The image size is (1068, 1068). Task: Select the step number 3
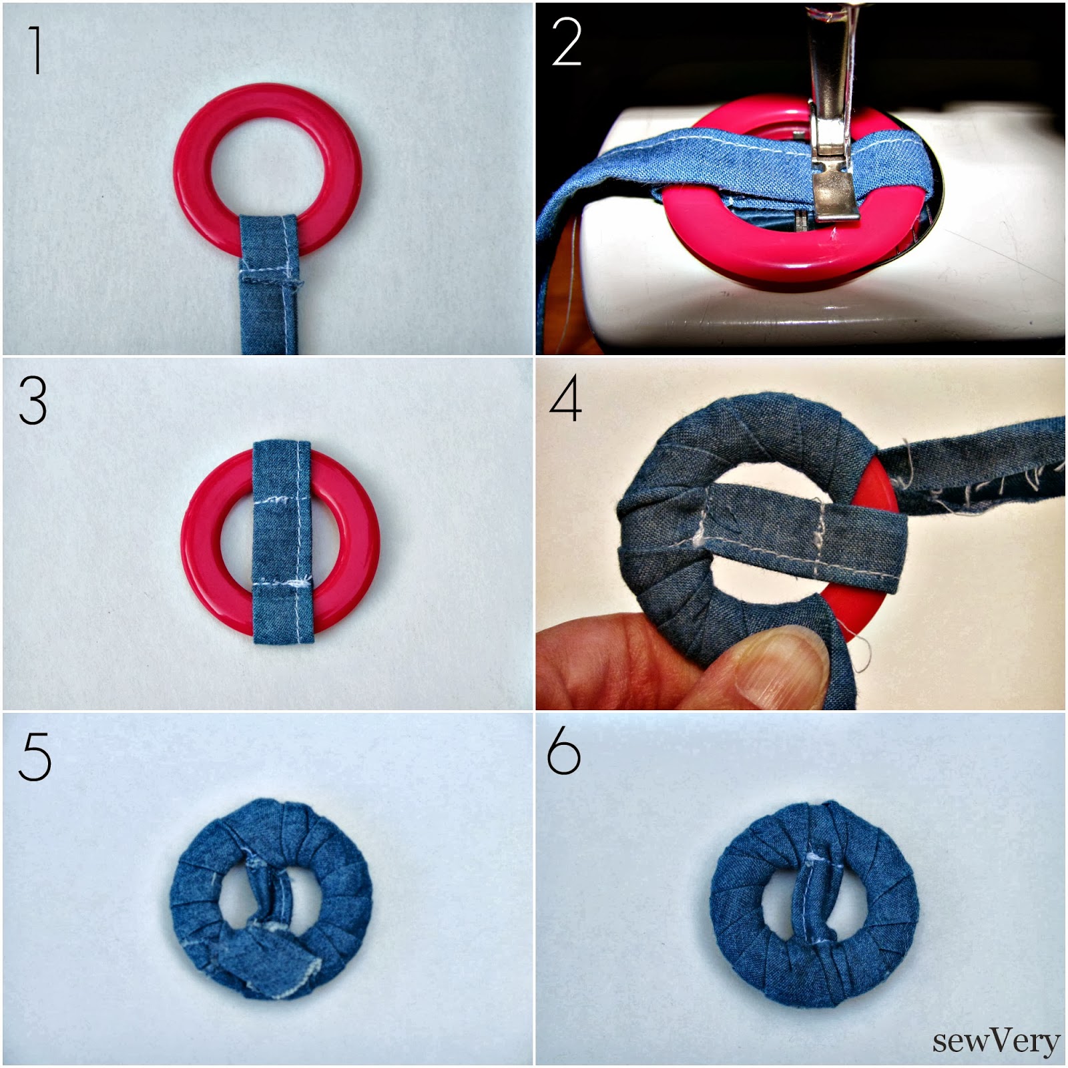coord(33,401)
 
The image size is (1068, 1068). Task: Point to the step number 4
coord(565,399)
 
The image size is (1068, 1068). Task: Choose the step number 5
coord(35,757)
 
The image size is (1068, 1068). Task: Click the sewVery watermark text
coord(996,1040)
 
